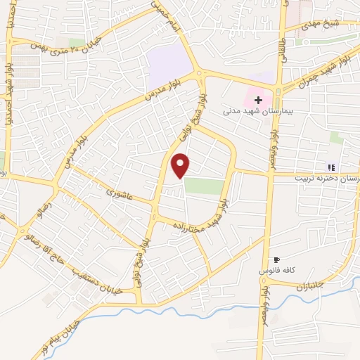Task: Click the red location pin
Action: click(181, 165)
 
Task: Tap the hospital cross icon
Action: click(259, 100)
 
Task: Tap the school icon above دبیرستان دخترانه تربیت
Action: click(330, 167)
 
